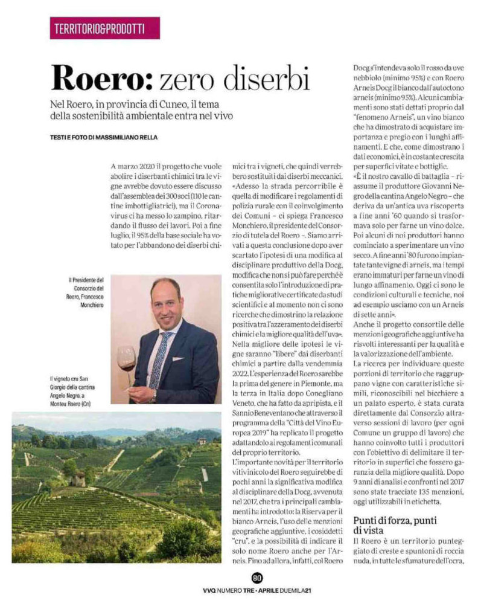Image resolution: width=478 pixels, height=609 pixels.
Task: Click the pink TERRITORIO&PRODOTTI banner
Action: pyautogui.click(x=97, y=28)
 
